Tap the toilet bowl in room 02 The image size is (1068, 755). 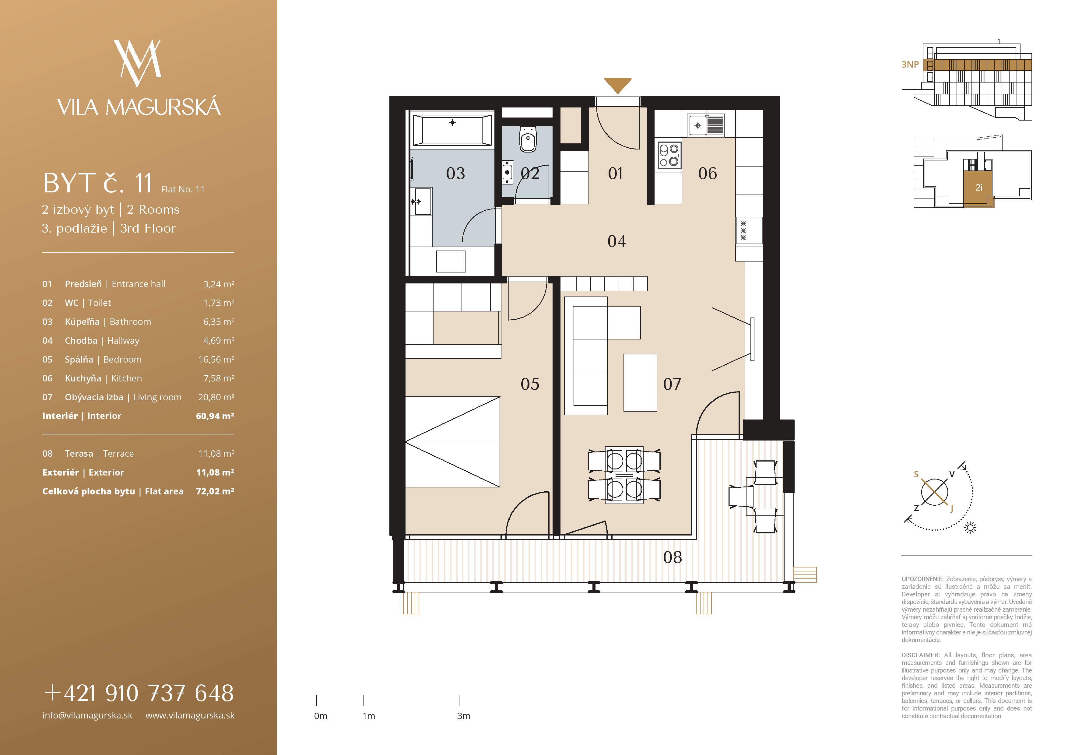coord(528,139)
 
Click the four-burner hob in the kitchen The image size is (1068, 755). coord(669,155)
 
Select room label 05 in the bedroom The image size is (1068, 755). coord(530,384)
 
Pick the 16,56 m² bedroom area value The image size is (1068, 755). coord(216,360)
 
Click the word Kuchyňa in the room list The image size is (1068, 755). coord(83,378)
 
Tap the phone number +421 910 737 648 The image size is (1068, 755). coord(139,693)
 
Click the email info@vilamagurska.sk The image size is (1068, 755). coord(87,715)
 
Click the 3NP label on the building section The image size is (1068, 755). coord(910,65)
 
